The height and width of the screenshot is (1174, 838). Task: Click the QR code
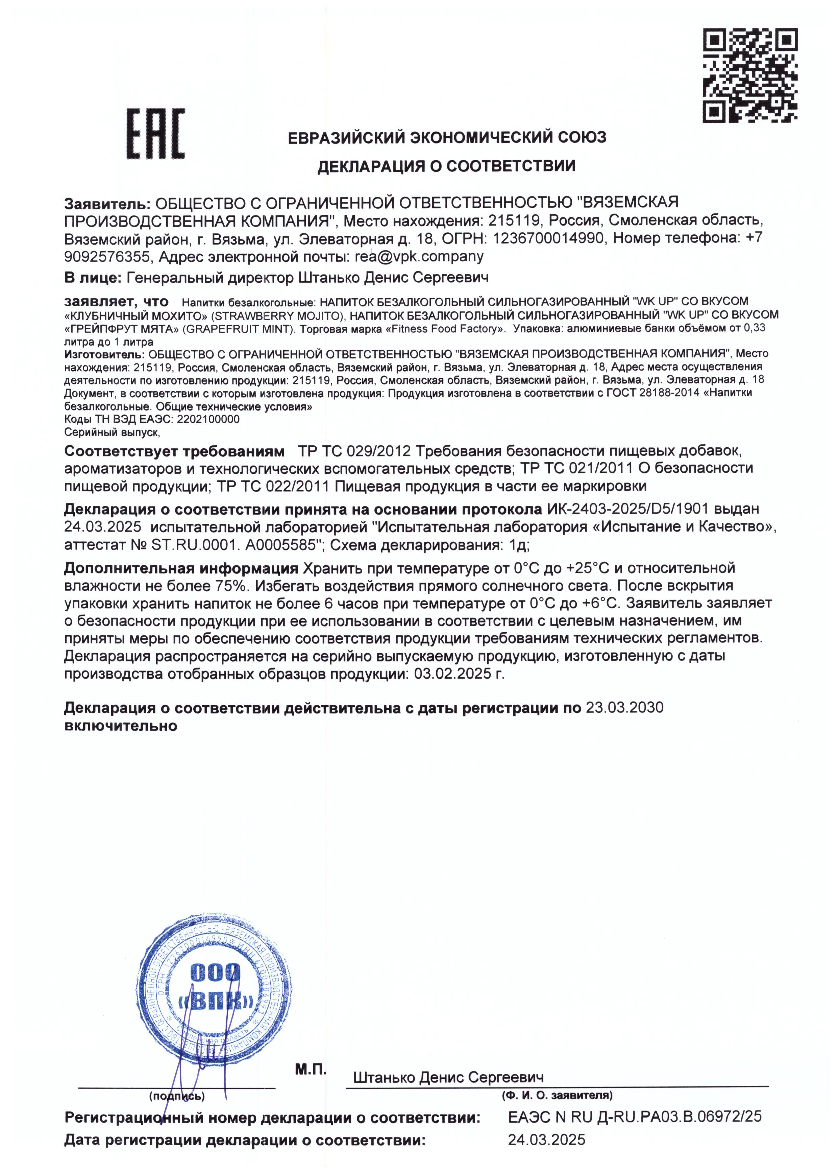click(751, 75)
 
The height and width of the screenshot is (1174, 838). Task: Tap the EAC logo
click(156, 133)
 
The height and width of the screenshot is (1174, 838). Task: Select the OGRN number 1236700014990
click(548, 238)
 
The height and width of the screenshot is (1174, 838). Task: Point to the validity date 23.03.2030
click(624, 708)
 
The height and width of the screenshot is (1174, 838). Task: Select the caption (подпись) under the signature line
click(177, 1096)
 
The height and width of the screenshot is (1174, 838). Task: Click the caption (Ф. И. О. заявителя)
click(557, 1095)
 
